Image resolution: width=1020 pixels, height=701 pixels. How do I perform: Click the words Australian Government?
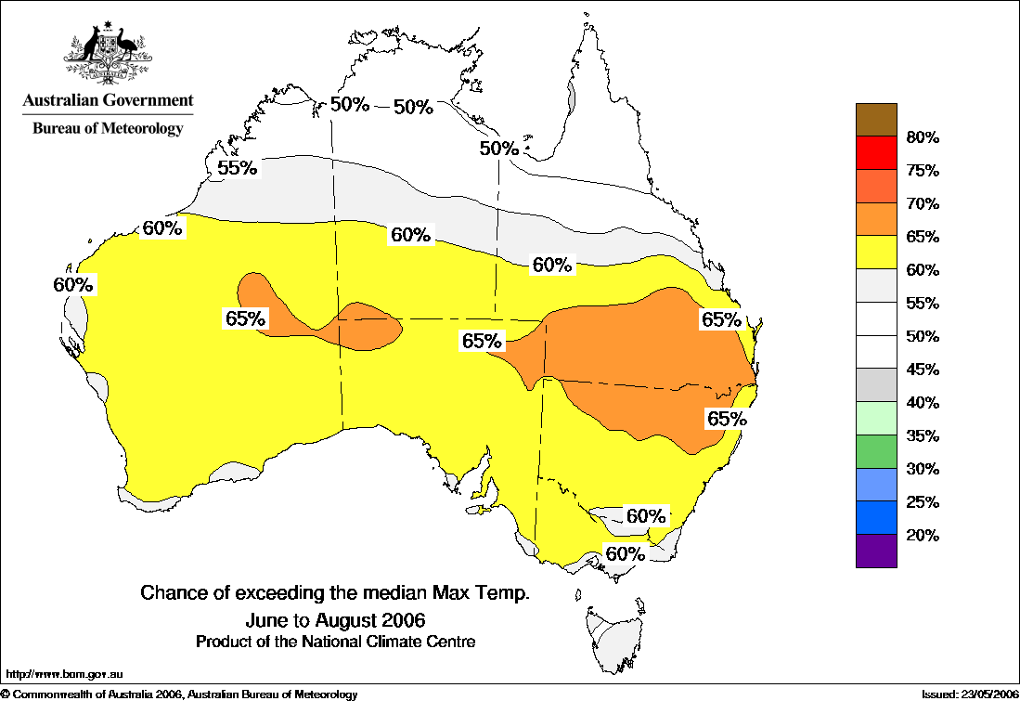108,100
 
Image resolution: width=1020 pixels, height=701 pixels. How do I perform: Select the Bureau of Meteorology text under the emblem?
108,129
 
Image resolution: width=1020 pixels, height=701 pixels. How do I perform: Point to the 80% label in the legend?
923,138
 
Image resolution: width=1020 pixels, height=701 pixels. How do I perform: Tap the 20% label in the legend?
923,536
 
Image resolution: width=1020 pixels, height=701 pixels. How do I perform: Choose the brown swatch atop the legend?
876,120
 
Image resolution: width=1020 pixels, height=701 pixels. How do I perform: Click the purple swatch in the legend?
876,551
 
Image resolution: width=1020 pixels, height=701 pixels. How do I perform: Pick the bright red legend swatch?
876,153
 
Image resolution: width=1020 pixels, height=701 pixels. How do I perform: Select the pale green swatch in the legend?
876,419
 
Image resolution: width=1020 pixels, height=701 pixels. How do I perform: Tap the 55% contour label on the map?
237,168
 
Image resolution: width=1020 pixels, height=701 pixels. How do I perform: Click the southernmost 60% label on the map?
625,554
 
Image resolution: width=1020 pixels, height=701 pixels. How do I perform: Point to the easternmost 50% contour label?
498,148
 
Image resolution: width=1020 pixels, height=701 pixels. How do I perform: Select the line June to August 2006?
336,618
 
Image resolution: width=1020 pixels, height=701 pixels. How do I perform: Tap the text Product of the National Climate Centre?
336,642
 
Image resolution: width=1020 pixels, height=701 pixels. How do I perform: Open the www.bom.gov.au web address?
65,675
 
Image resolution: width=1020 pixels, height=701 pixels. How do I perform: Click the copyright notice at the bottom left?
179,694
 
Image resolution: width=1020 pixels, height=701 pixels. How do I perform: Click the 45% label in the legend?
923,370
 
